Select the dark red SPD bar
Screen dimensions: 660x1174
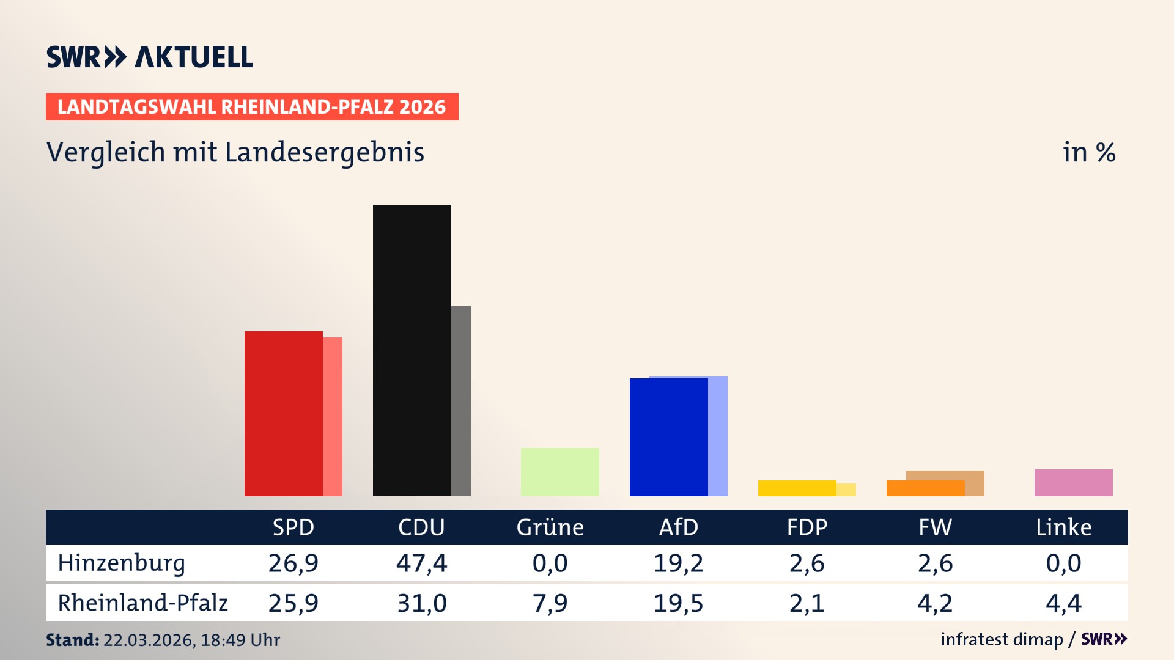point(283,413)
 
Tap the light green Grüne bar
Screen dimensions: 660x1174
point(559,472)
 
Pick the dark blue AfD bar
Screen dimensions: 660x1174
point(668,437)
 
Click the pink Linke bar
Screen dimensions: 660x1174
point(1073,482)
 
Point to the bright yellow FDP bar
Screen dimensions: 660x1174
point(797,488)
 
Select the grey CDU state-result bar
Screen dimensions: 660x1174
point(461,401)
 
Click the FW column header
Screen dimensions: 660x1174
point(935,527)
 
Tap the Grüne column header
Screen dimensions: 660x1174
point(550,527)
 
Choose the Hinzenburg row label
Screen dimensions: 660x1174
point(121,563)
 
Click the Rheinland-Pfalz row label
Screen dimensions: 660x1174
point(142,603)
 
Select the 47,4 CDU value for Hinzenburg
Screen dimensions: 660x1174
point(421,563)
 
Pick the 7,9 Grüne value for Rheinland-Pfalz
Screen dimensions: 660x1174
point(550,603)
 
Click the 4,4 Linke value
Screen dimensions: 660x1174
point(1063,603)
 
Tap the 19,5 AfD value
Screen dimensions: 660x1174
point(678,603)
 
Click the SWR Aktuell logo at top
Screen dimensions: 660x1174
point(149,57)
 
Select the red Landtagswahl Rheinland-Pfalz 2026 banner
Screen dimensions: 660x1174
point(251,106)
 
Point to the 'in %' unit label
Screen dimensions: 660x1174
point(1088,152)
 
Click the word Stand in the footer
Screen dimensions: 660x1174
point(72,640)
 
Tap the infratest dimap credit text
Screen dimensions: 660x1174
point(1001,639)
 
